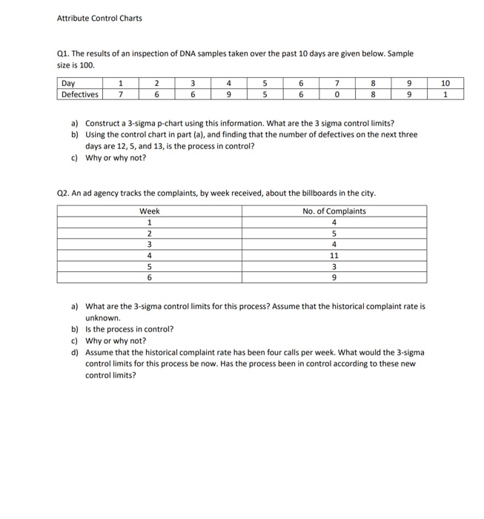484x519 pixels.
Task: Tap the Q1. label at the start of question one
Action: pos(64,54)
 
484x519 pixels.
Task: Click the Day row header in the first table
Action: pos(67,84)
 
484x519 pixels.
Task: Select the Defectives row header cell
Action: pos(79,94)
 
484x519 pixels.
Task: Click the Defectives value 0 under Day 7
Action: pos(337,94)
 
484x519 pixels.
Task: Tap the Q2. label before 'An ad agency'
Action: pos(64,194)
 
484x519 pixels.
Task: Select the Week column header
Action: pos(150,211)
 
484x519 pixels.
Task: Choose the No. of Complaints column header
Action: pos(334,211)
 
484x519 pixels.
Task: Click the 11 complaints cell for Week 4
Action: pos(334,255)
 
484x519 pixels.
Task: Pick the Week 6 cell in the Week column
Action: pos(150,277)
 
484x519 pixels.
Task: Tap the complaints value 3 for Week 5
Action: pos(334,266)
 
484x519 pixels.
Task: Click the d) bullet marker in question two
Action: pos(75,353)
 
